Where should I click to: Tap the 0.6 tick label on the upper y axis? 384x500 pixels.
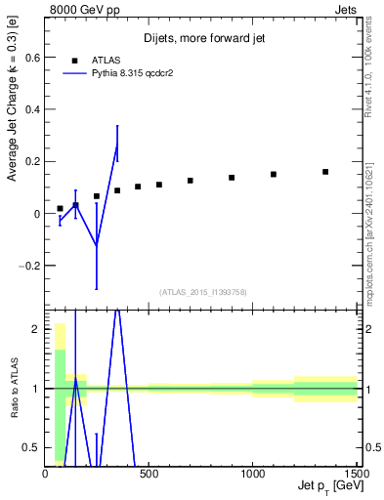[x=30, y=58]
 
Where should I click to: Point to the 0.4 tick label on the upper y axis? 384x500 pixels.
[x=30, y=109]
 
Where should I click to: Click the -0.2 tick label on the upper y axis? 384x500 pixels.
[x=28, y=265]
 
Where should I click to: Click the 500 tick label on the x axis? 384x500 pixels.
[x=149, y=475]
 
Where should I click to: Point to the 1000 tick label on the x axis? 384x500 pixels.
[x=252, y=475]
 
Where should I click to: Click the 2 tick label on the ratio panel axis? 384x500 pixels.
[x=35, y=329]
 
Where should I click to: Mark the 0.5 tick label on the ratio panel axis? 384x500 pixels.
[x=30, y=447]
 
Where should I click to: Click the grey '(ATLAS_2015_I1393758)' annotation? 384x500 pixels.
[x=201, y=291]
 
